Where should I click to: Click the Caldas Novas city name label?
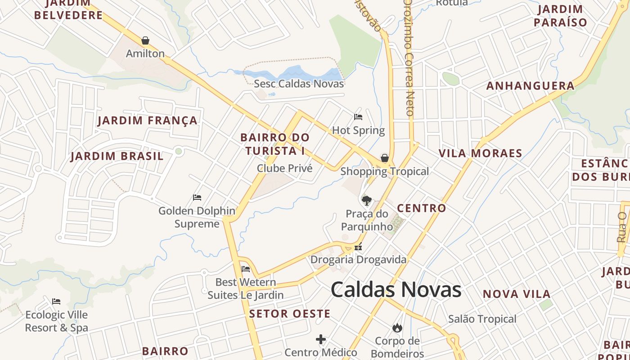click(396, 290)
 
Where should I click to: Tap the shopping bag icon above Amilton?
click(145, 41)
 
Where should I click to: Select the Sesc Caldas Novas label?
click(299, 84)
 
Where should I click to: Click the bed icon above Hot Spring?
click(358, 117)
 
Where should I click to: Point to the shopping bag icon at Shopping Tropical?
click(385, 158)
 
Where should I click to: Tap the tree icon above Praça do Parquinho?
click(367, 200)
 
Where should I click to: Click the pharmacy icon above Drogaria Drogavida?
click(358, 247)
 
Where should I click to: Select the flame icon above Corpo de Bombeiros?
click(397, 327)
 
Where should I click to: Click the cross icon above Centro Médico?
click(321, 339)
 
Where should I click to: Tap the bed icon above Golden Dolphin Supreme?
click(197, 197)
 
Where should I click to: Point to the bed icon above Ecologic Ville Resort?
click(56, 301)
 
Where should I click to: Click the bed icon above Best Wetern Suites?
click(246, 269)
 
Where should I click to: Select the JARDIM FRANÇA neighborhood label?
click(148, 121)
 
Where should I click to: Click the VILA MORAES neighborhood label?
click(480, 153)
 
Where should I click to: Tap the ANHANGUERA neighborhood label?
click(531, 86)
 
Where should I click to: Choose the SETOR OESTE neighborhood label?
click(290, 314)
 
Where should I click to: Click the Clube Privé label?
click(284, 168)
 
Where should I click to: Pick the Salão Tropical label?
click(482, 319)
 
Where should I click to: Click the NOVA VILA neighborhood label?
click(517, 294)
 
